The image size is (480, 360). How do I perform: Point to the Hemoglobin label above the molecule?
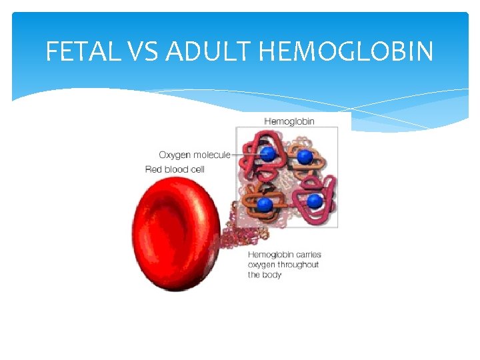[x=289, y=121]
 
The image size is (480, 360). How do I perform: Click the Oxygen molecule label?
[x=194, y=155]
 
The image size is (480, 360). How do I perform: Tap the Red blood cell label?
[x=175, y=169]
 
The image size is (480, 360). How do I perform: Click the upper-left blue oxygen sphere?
[x=267, y=155]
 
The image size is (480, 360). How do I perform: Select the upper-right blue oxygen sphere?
[x=305, y=157]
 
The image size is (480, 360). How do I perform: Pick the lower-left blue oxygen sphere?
[x=265, y=204]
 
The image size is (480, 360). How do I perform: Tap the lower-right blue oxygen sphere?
[x=314, y=200]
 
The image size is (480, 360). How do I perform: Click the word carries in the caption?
[x=307, y=255]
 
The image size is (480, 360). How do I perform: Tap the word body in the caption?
[x=273, y=275]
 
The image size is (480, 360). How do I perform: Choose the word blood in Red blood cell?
[x=177, y=169]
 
